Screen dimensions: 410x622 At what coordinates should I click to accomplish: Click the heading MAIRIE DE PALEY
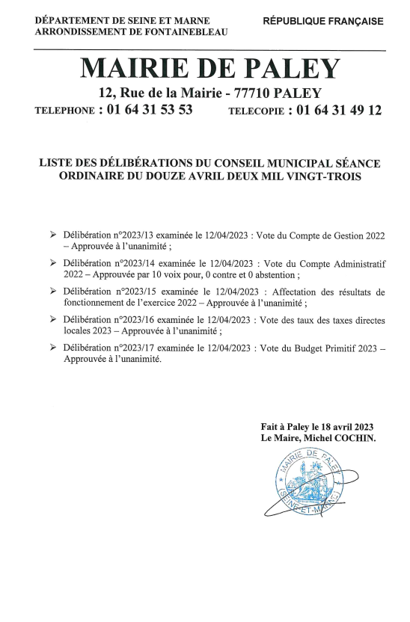(209, 69)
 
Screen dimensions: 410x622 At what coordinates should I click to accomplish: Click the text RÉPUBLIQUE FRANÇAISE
(322, 22)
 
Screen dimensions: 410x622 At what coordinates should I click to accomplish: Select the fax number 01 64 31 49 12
(339, 110)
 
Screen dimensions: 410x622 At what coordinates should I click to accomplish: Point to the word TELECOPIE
(256, 111)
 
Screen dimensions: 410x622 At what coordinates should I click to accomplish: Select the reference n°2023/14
(135, 263)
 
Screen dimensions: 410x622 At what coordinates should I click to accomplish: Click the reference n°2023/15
(135, 292)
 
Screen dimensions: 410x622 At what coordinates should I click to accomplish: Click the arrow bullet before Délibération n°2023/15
(52, 292)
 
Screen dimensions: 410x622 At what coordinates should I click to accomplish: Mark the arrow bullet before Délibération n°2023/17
(52, 348)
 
